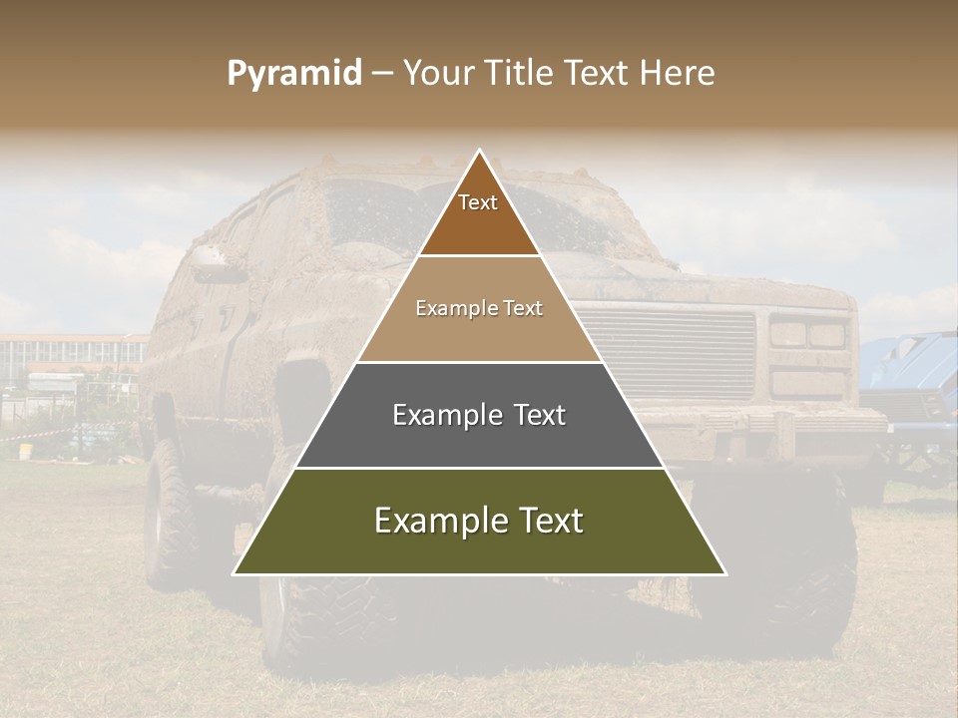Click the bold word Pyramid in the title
293,73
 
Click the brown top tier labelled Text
478,214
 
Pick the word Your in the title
436,73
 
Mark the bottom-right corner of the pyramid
725,574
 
